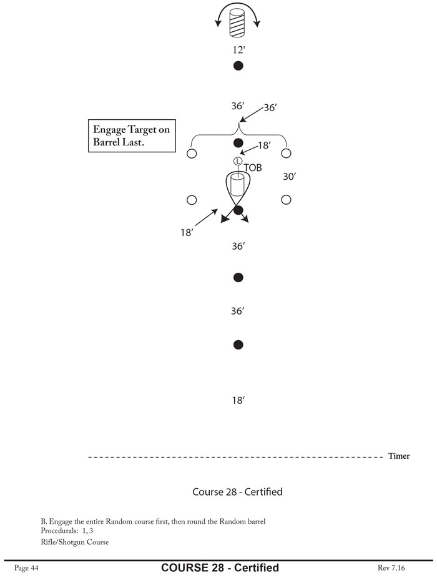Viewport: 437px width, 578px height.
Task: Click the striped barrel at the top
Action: (237, 24)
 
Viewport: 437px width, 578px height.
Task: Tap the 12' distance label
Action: (238, 50)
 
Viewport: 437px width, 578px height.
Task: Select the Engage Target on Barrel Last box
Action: (131, 135)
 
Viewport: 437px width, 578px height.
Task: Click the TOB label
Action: (253, 168)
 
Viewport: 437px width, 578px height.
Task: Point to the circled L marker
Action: (237, 160)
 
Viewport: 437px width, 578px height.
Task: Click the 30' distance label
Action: (289, 177)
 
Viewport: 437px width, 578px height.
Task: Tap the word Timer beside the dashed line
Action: (399, 456)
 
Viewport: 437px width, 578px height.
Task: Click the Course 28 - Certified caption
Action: (237, 492)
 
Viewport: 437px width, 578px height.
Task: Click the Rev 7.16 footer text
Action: (391, 567)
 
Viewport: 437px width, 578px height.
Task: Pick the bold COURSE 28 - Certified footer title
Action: (220, 567)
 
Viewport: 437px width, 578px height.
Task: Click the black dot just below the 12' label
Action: (238, 66)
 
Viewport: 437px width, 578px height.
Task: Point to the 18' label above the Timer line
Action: (238, 400)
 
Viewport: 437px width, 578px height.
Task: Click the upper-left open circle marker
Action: (192, 153)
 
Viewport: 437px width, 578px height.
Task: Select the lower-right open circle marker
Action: (286, 200)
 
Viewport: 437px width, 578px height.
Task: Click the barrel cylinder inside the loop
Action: (237, 185)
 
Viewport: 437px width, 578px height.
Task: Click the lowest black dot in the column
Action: (238, 345)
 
